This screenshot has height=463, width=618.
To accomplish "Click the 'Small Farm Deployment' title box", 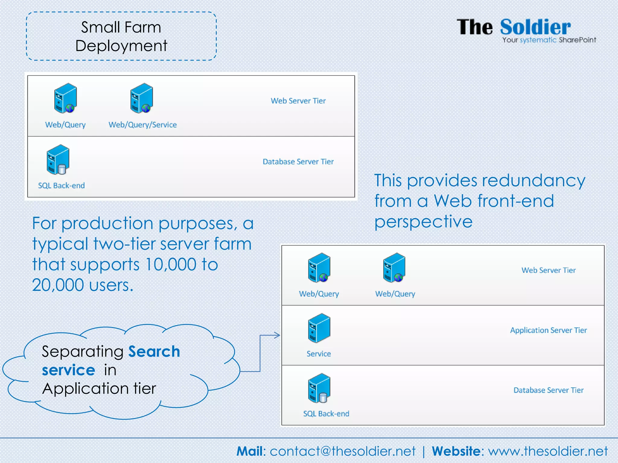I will [121, 36].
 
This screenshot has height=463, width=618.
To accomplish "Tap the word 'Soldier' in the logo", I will [535, 27].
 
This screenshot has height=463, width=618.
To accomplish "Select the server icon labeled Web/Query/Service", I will [142, 98].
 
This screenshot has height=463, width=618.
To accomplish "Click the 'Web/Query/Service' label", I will [142, 125].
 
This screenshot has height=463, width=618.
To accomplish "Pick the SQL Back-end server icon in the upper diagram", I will [58, 159].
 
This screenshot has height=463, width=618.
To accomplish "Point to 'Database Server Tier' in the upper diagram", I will [298, 162].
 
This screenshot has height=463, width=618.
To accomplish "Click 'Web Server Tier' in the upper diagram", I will [298, 101].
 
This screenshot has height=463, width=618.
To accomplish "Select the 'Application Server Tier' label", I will [548, 330].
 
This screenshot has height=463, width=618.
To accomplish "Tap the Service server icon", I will [319, 328].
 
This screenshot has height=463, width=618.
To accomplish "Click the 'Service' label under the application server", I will [319, 354].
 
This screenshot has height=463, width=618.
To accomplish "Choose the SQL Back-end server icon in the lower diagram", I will [319, 388].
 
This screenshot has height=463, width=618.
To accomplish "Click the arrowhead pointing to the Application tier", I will [277, 335].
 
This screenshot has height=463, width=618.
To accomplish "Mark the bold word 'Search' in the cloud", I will [154, 351].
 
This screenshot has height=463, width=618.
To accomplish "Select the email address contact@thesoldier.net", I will [342, 451].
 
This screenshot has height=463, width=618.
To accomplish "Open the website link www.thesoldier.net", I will [548, 451].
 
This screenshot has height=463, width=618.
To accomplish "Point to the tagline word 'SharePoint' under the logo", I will [577, 40].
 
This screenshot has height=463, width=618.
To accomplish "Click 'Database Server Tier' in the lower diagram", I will [548, 390].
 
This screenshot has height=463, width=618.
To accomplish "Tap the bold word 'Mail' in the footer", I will [250, 451].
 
